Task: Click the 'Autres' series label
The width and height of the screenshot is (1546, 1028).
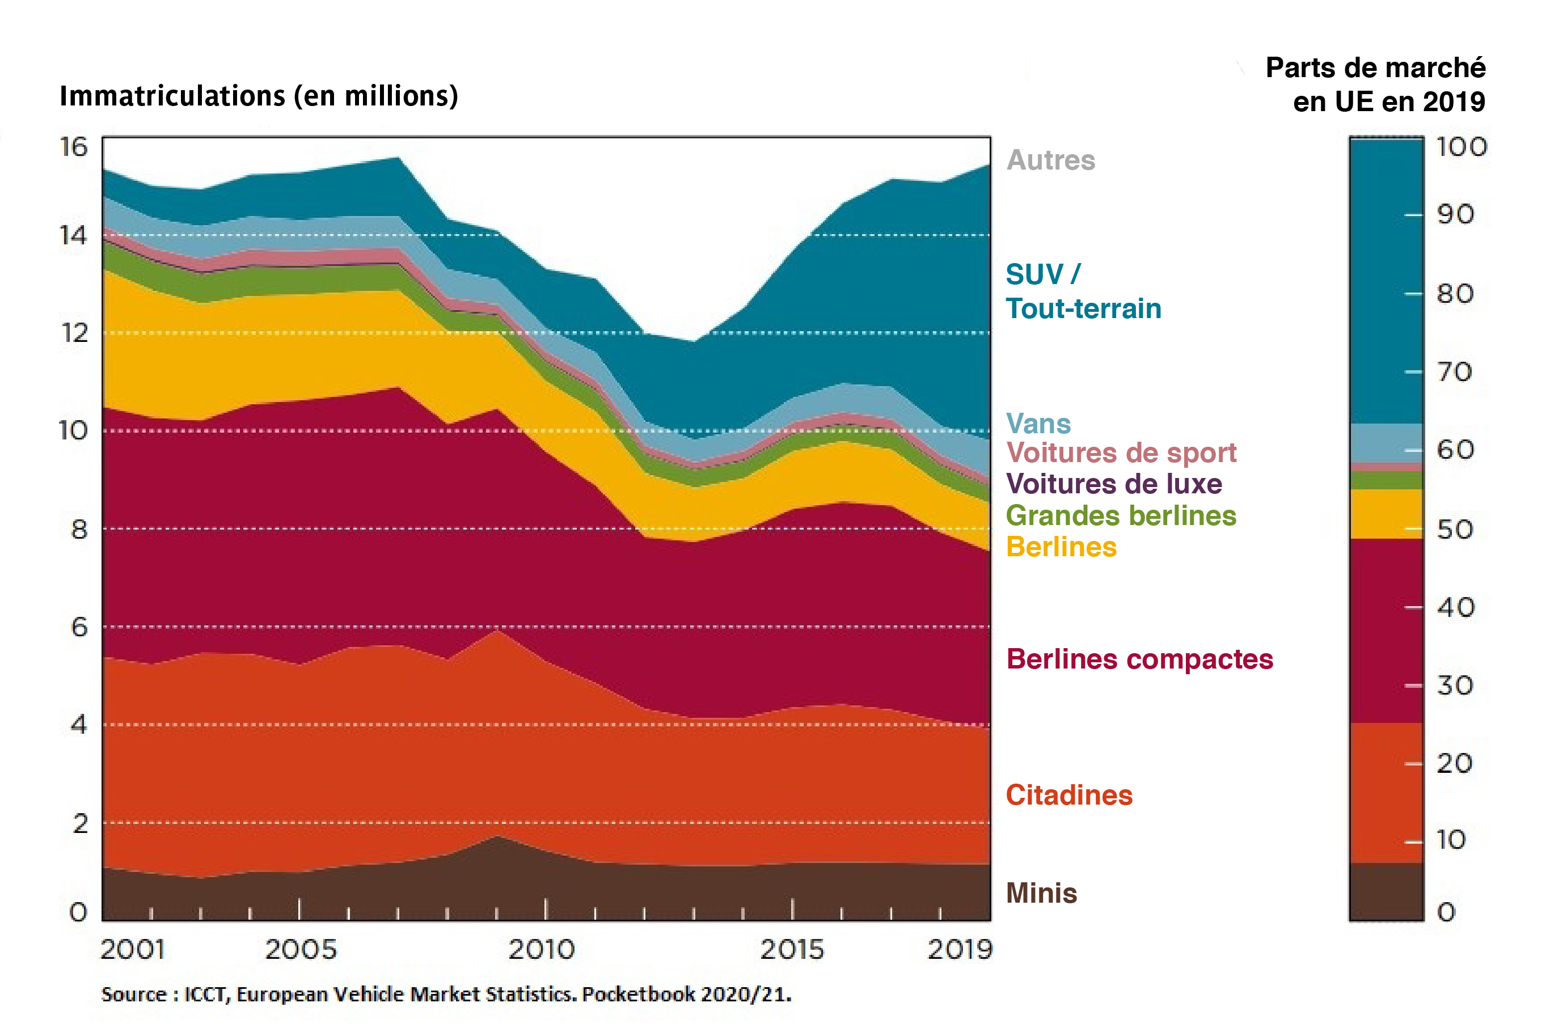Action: [x=1050, y=160]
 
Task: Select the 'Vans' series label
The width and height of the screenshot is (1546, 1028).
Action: [x=1038, y=424]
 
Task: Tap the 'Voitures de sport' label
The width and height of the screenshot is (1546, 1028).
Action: [x=1121, y=453]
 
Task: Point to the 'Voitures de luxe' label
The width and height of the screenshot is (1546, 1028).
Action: [x=1114, y=484]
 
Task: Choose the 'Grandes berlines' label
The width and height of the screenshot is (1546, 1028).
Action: [x=1121, y=515]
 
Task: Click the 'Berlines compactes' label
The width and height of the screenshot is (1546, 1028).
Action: [x=1139, y=659]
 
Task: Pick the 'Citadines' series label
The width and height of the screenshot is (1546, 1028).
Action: [x=1068, y=794]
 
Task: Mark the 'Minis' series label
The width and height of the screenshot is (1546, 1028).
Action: [x=1041, y=893]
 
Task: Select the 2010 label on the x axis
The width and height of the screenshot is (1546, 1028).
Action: [x=542, y=949]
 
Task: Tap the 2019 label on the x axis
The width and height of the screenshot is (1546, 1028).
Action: [x=960, y=949]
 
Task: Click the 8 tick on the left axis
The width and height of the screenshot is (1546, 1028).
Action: [x=79, y=529]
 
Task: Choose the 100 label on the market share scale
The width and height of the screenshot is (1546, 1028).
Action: [x=1461, y=147]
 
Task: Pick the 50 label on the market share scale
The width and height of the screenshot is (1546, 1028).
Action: [x=1455, y=529]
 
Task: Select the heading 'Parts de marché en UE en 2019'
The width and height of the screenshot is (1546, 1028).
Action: [x=1375, y=84]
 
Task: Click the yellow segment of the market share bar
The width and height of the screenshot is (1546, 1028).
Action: [x=1386, y=513]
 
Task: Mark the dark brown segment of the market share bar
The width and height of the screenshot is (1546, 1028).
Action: [x=1386, y=891]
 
